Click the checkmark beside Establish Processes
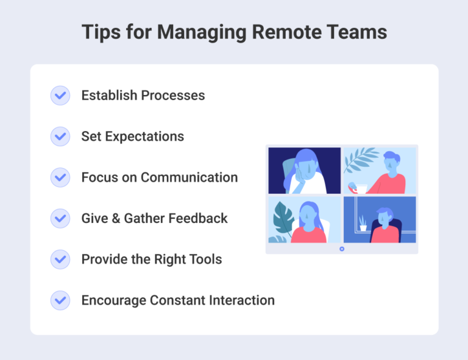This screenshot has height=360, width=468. click(x=60, y=96)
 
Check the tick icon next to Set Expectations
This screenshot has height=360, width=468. click(x=60, y=136)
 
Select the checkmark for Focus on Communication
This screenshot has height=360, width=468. click(x=60, y=177)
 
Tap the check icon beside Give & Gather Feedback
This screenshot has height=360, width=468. click(x=60, y=218)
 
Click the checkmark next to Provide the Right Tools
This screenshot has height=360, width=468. click(x=60, y=259)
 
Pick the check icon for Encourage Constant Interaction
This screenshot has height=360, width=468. click(x=60, y=300)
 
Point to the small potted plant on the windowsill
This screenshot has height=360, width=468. click(x=363, y=224)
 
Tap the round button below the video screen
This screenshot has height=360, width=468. click(x=342, y=249)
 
